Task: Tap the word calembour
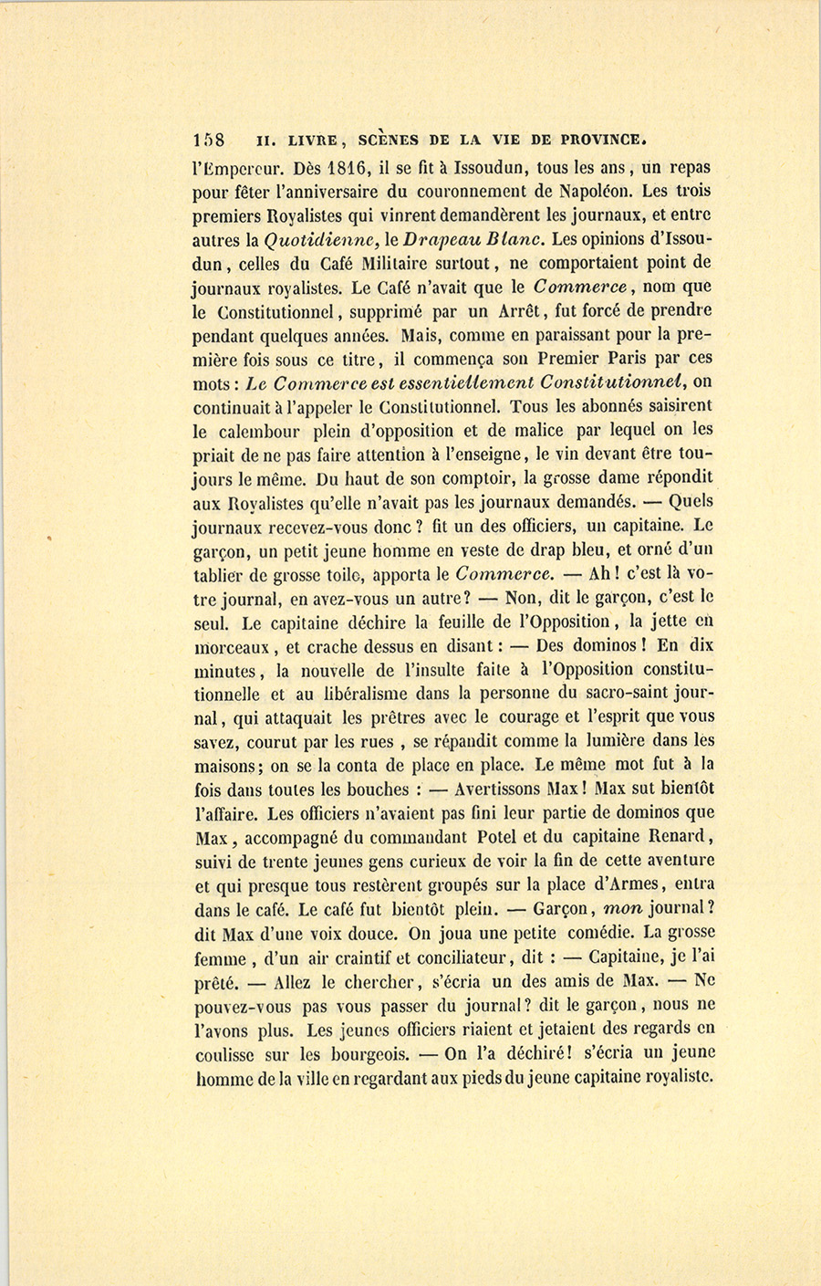260,430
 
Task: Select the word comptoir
472,477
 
